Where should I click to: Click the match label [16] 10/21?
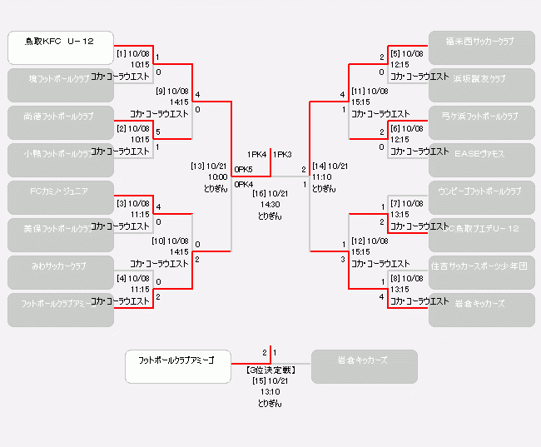pyautogui.click(x=270, y=193)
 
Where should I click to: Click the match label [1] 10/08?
pyautogui.click(x=132, y=53)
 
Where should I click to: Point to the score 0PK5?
pyautogui.click(x=244, y=169)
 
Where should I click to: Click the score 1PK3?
pyautogui.click(x=282, y=154)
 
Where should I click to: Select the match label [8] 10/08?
pyautogui.click(x=407, y=278)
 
